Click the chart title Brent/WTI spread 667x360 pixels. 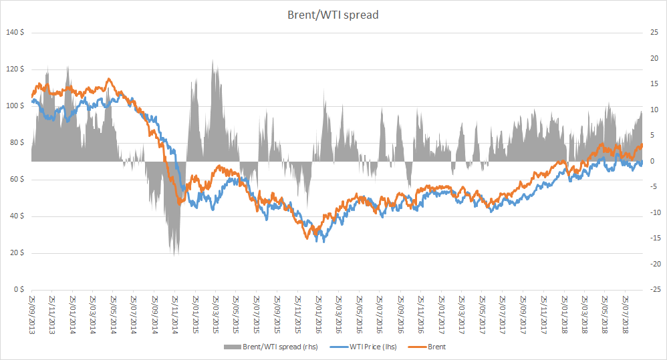333,15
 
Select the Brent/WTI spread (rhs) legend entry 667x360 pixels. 271,347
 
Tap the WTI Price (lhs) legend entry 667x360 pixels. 364,347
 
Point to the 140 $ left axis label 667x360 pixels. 15,32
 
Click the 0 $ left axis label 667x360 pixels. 19,289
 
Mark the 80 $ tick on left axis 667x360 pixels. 17,142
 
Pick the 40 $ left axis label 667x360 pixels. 17,216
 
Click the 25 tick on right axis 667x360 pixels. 654,32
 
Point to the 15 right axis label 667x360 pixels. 654,83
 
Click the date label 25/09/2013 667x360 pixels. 31,315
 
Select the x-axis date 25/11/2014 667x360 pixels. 175,315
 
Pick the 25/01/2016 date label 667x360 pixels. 318,315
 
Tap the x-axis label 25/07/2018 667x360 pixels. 626,315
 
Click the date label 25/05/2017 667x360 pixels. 482,315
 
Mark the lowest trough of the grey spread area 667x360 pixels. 174,256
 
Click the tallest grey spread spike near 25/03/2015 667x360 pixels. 213,60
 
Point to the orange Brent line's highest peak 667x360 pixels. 109,79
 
